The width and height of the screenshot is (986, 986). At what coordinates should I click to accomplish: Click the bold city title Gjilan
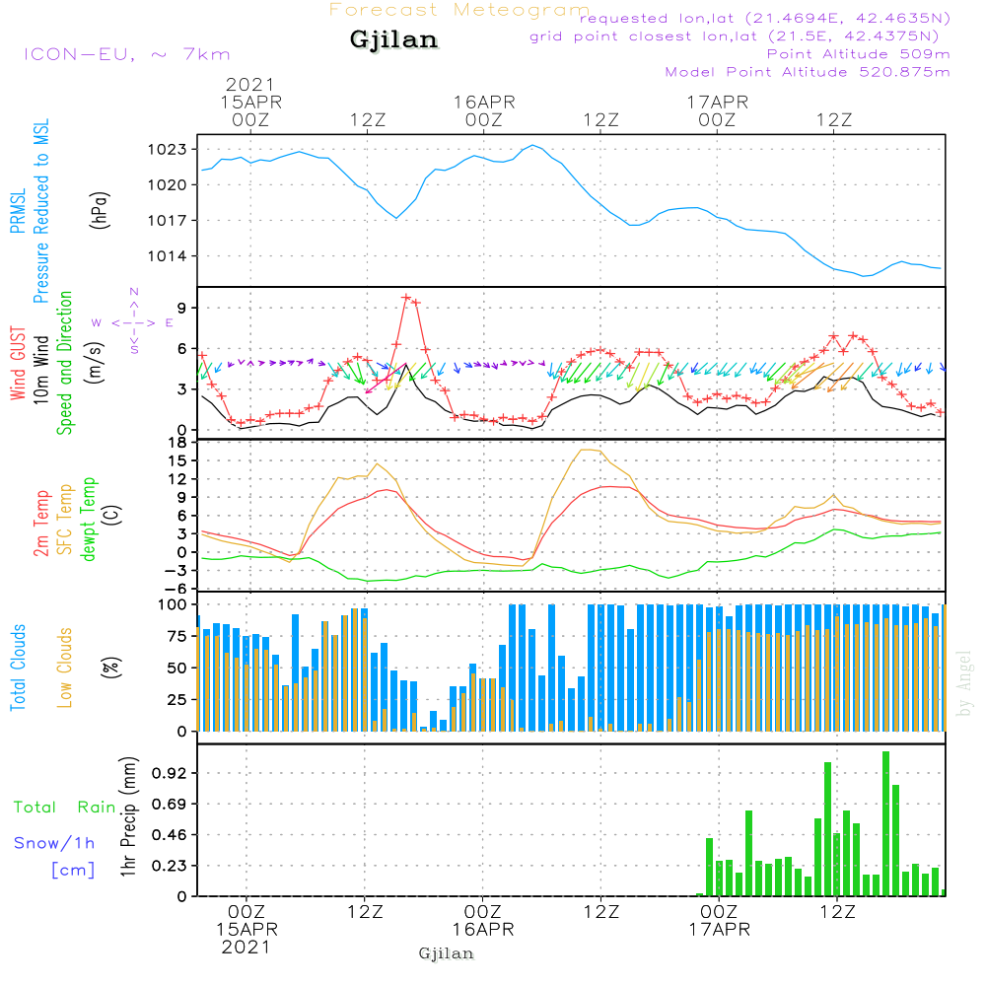[x=393, y=40]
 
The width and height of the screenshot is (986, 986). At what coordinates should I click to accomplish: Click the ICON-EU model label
[x=126, y=54]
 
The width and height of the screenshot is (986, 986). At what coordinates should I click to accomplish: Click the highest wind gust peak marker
[x=406, y=297]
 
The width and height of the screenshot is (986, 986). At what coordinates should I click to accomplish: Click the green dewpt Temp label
[x=88, y=519]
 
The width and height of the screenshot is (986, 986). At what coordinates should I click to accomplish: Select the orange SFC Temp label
[x=65, y=519]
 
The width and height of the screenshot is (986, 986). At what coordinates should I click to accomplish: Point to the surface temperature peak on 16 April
[x=588, y=450]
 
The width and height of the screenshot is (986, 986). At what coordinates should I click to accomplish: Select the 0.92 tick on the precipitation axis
[x=169, y=773]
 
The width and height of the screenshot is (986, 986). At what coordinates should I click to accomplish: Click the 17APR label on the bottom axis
[x=720, y=930]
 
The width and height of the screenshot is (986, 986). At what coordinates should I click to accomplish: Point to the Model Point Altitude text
[x=808, y=72]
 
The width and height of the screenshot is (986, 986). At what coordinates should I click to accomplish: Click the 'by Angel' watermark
[x=963, y=682]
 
